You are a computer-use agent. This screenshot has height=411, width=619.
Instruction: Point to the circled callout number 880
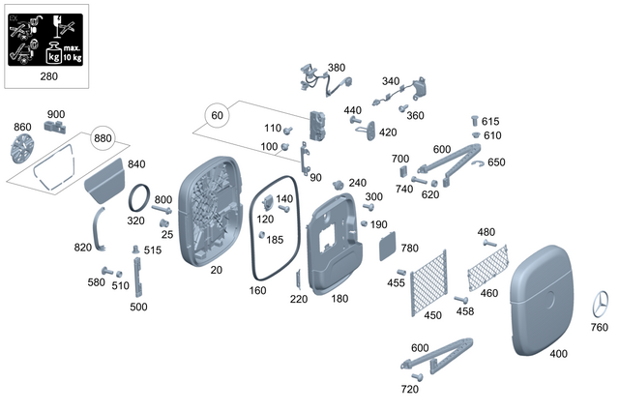pyautogui.click(x=103, y=138)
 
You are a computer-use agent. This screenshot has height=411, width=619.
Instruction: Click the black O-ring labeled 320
pyautogui.click(x=140, y=198)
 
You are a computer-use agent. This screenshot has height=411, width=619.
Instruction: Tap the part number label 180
pyautogui.click(x=339, y=299)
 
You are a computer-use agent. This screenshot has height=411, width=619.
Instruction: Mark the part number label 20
pyautogui.click(x=216, y=270)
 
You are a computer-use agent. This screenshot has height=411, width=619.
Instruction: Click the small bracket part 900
pyautogui.click(x=55, y=129)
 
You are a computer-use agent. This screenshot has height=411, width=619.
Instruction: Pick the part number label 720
pyautogui.click(x=409, y=389)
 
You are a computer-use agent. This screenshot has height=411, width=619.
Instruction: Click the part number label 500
pyautogui.click(x=138, y=307)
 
